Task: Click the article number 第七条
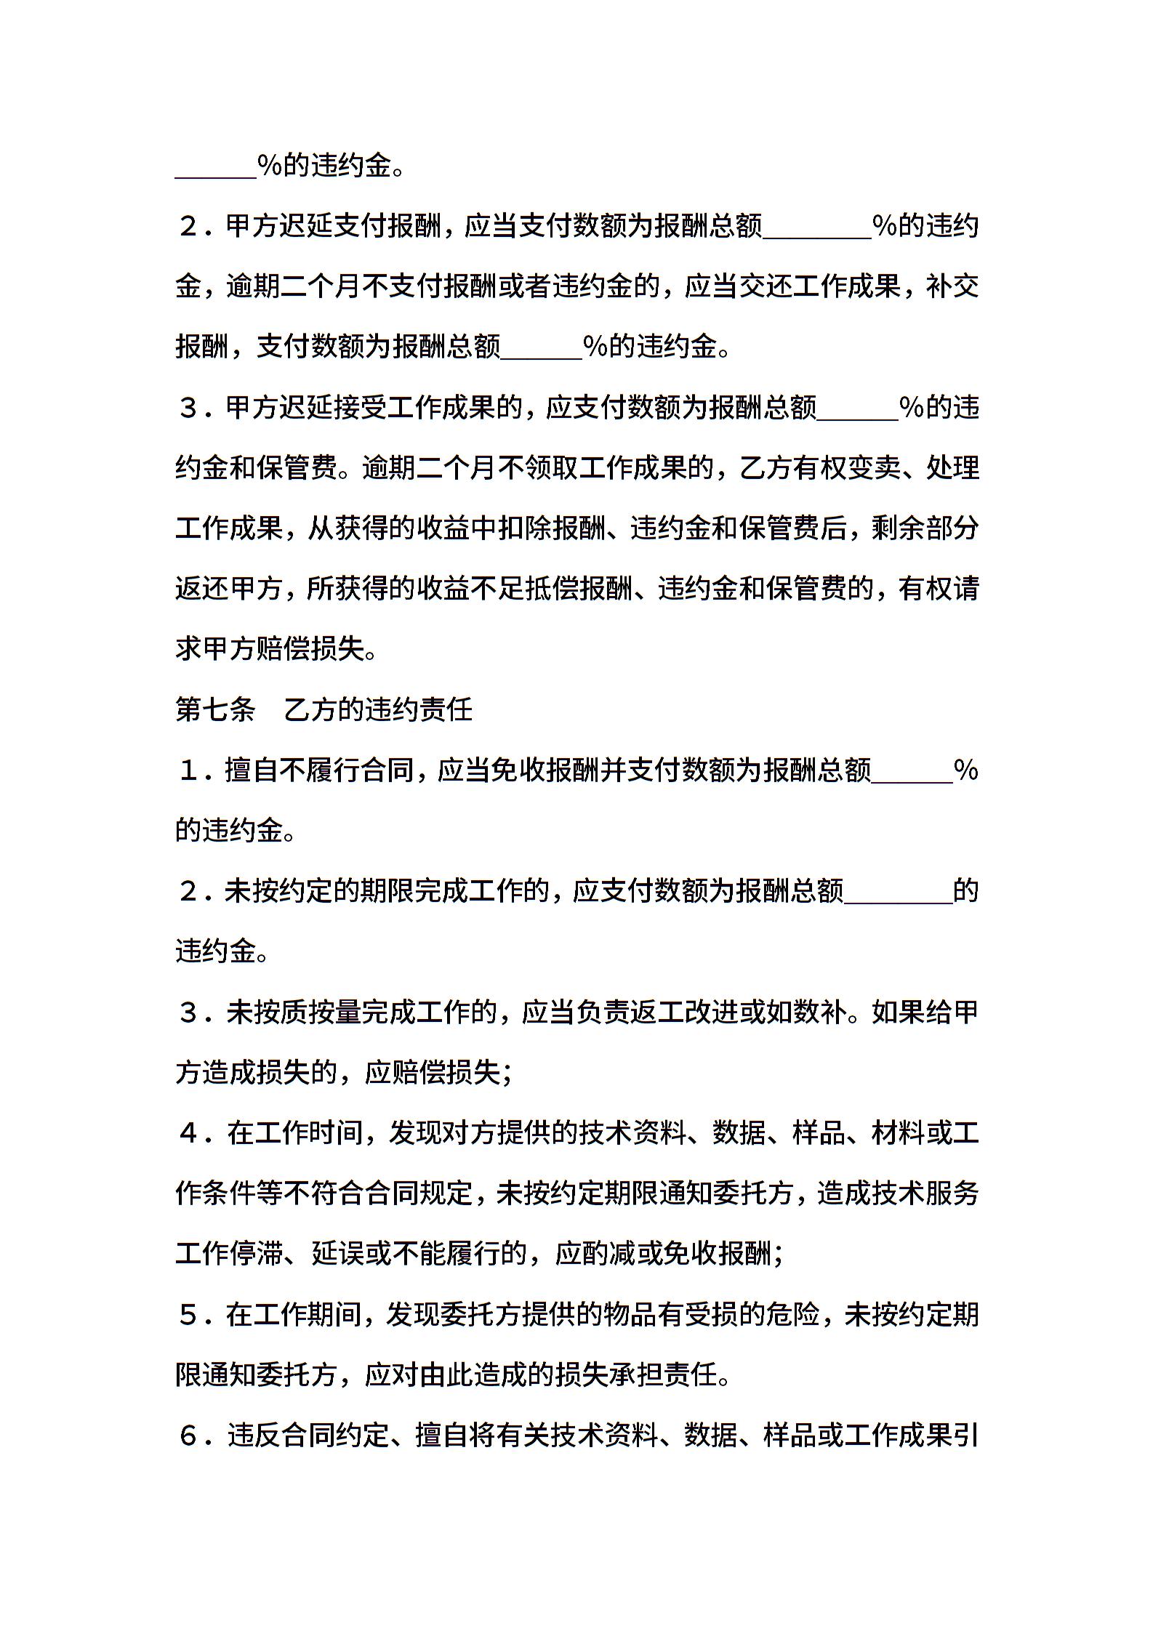[215, 709]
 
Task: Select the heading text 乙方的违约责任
[378, 709]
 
